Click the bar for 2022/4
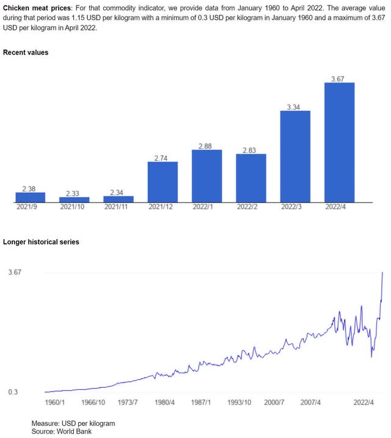click(x=339, y=142)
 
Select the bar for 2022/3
click(x=295, y=156)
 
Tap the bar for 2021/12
click(x=163, y=182)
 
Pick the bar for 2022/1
click(x=206, y=176)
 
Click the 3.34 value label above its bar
click(x=295, y=107)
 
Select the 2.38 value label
click(x=30, y=188)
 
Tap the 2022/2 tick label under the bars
click(x=250, y=207)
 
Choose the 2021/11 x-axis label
click(x=119, y=207)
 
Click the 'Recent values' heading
click(x=26, y=53)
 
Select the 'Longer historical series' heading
click(x=41, y=242)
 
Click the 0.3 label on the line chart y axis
click(x=12, y=392)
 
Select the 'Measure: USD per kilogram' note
click(x=73, y=423)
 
